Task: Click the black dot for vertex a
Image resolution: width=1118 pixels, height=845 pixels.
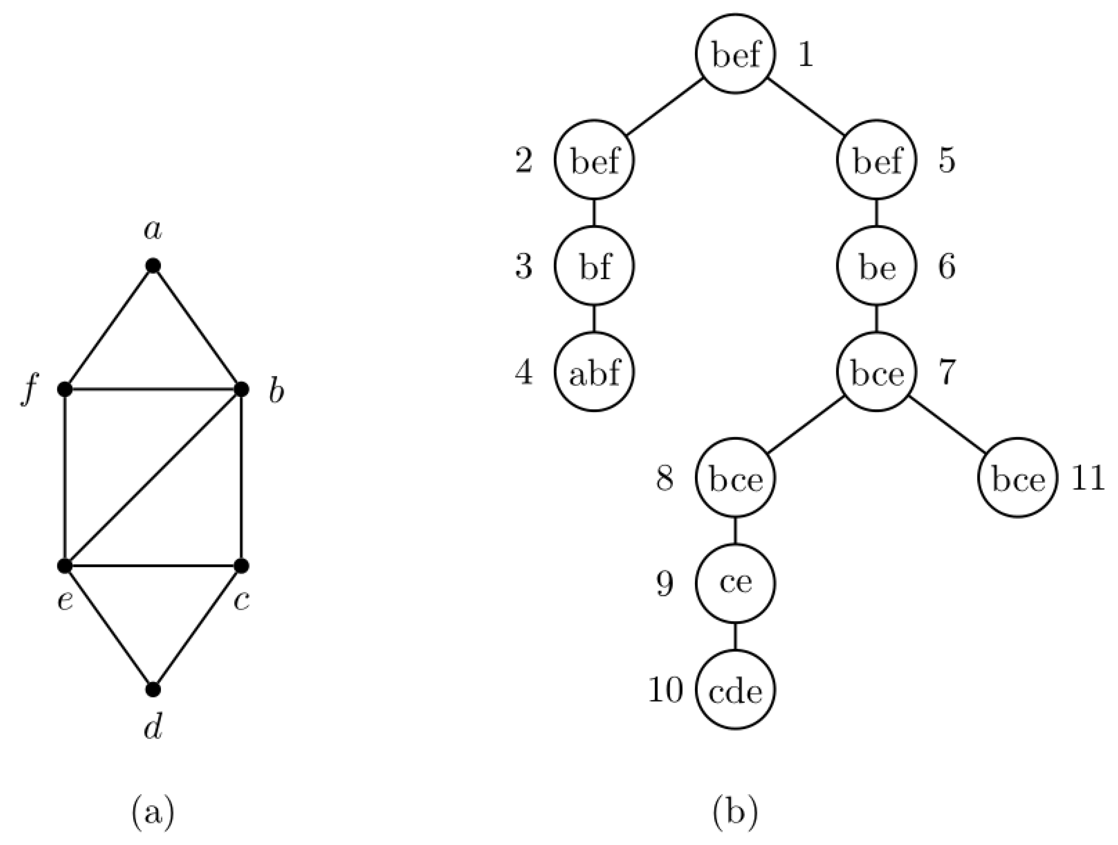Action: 153,266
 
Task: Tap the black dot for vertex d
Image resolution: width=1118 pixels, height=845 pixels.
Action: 153,689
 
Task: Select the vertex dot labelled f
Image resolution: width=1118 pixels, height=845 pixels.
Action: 65,389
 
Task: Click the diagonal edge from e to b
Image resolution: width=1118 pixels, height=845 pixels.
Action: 153,477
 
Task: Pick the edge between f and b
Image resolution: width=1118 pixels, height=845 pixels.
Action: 153,389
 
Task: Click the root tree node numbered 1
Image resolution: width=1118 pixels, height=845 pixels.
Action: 735,54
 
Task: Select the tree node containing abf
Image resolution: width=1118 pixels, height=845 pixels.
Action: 594,372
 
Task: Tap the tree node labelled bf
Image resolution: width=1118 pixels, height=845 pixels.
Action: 594,266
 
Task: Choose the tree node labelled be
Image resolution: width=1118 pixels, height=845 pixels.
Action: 876,266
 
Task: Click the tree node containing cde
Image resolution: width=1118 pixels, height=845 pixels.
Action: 735,690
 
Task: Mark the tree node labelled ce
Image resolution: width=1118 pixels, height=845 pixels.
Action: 735,583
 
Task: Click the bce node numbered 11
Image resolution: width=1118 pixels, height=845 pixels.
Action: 1018,478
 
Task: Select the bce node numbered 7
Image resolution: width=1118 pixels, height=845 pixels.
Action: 876,372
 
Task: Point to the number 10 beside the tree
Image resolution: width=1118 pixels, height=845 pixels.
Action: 665,690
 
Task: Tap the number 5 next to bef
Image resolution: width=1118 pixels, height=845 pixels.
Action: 947,161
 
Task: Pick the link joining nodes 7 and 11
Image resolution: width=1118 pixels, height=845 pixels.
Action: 947,425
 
